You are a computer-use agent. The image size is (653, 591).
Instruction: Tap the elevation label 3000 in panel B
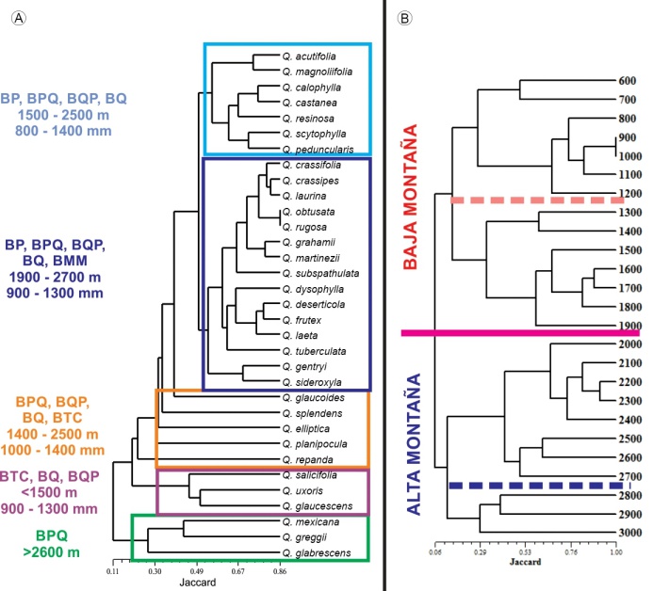coord(629,533)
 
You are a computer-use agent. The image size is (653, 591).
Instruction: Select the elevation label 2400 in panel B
coord(629,420)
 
